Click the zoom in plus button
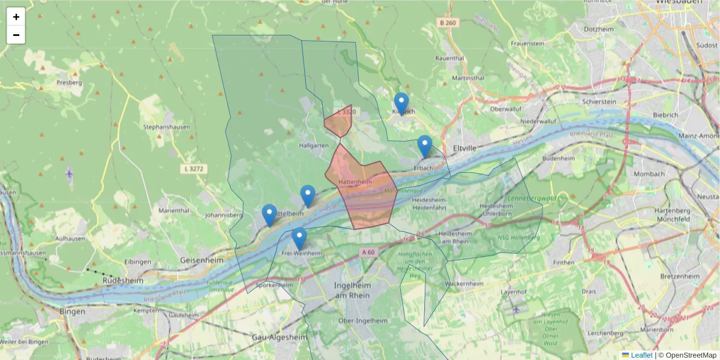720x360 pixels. [16, 17]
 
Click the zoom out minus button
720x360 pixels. [16, 35]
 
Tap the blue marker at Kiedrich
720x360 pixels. [401, 103]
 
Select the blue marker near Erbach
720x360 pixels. [425, 146]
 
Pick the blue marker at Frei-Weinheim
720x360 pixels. [299, 238]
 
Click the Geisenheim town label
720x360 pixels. [202, 260]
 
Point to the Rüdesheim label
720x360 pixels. [122, 280]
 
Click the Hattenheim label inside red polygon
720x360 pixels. [355, 181]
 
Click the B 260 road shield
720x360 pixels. [448, 23]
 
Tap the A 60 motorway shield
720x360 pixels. [368, 253]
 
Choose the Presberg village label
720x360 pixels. [68, 82]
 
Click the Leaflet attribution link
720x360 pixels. [641, 355]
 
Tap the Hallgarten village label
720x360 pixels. [313, 146]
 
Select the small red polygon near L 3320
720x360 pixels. [338, 122]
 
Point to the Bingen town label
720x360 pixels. [72, 311]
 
